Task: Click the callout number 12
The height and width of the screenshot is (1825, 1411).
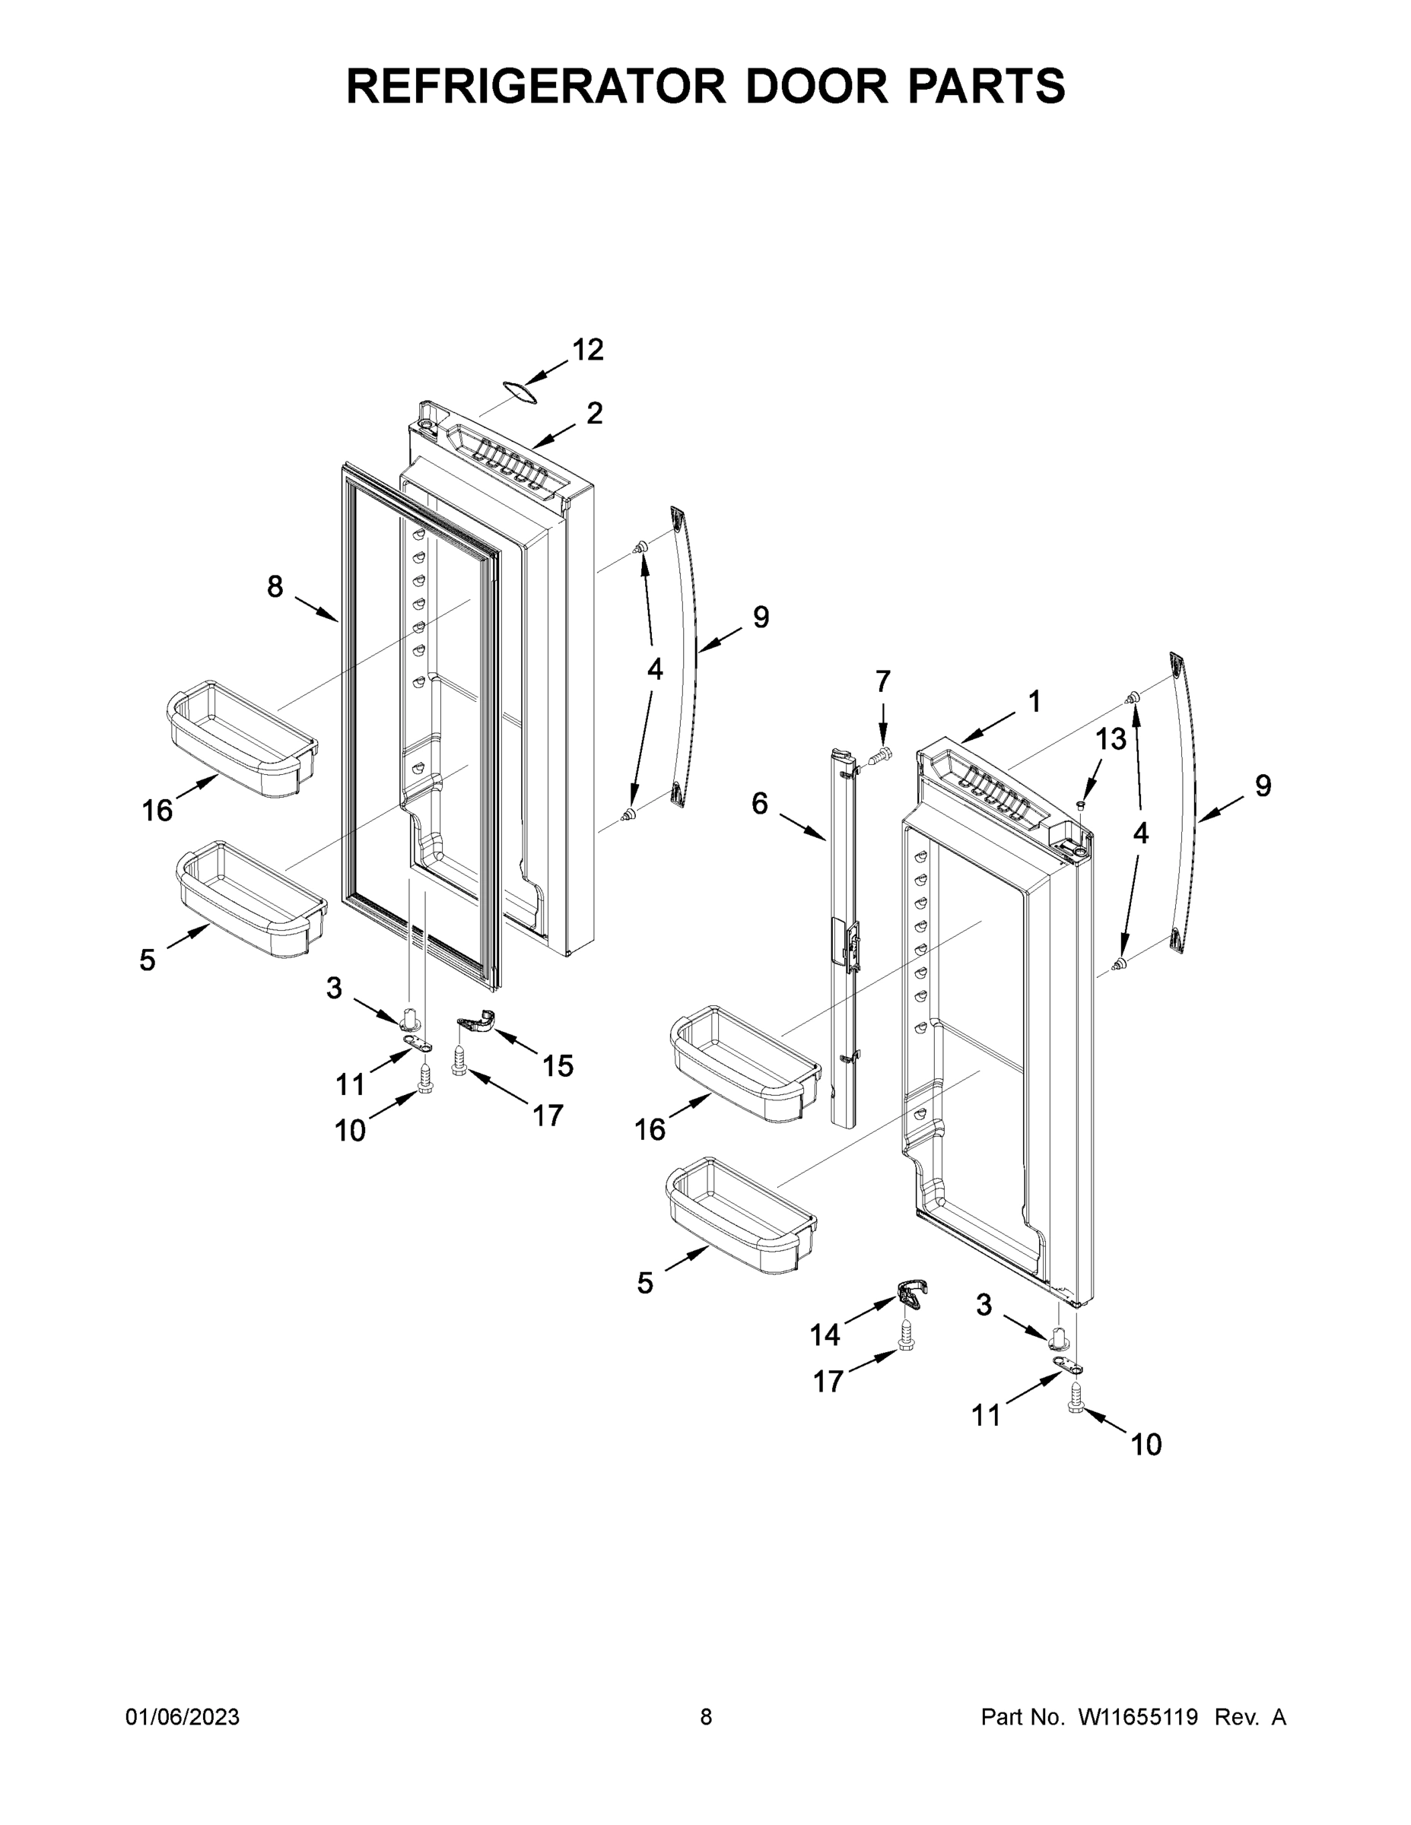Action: (x=588, y=350)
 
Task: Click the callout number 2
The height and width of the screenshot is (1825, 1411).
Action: (x=594, y=414)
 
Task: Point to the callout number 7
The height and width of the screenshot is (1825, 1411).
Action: (x=882, y=682)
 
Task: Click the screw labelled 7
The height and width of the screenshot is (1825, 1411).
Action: (x=879, y=757)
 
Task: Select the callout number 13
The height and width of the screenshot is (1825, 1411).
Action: (x=1111, y=738)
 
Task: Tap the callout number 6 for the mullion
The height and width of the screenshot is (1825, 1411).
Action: (x=759, y=804)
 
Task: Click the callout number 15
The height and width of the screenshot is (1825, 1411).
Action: (x=558, y=1065)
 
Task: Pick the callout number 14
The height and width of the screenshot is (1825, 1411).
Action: (x=825, y=1335)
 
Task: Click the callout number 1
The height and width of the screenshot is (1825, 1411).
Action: (x=1034, y=702)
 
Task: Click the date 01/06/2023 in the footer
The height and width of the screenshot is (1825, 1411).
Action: (x=183, y=1716)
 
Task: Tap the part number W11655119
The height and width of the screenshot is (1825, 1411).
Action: (x=1138, y=1716)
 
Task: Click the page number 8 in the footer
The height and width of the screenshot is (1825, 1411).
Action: (x=706, y=1716)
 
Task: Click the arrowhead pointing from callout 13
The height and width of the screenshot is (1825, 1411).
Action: (x=1084, y=795)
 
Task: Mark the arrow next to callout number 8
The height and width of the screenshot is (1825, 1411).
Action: (x=319, y=611)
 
